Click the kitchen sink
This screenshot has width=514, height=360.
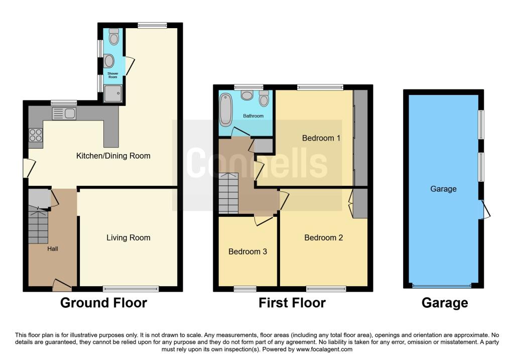point(64,113)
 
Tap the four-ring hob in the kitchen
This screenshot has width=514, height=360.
point(36,135)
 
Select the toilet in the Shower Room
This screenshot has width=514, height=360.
point(114,37)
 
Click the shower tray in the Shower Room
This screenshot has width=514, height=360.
point(113,93)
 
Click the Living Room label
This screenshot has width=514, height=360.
point(128,237)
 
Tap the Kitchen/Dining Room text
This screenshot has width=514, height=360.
point(113,156)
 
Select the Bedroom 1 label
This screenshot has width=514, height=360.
point(321,138)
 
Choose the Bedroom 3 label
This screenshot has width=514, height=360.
point(247,252)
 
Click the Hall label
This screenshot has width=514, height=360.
point(53,249)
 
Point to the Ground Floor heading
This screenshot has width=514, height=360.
point(103,303)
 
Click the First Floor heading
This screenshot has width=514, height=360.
point(292,303)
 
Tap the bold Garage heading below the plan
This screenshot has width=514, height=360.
point(445,303)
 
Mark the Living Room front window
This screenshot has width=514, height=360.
point(131,289)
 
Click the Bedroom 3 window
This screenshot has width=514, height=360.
point(245,289)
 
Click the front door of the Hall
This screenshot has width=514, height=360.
point(62,286)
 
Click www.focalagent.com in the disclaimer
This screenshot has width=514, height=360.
point(324,349)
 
